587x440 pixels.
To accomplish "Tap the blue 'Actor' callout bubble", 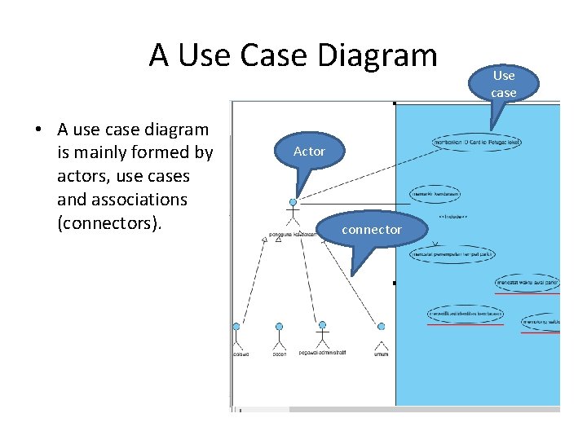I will [309, 152].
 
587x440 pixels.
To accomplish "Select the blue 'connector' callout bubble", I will [372, 230].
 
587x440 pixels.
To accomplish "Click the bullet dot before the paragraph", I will [38, 130].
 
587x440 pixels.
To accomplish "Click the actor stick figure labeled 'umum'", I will [381, 335].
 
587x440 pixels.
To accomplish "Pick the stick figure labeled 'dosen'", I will [279, 337].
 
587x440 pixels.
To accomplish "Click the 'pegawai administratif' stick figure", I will [322, 333].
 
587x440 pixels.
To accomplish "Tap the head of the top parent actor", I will [293, 202].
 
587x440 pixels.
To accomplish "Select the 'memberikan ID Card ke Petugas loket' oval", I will [478, 143].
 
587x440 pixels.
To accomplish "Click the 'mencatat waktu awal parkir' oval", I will [528, 283].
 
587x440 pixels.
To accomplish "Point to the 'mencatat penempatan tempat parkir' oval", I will [452, 254].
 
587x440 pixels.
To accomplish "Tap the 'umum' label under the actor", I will [381, 354].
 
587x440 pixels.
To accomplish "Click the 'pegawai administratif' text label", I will [322, 353].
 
